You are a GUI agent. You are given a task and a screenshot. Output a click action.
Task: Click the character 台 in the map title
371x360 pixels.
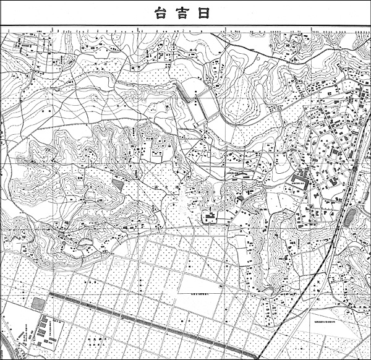pos(160,13)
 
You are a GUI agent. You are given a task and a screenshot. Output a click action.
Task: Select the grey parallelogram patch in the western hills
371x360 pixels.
pos(117,183)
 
